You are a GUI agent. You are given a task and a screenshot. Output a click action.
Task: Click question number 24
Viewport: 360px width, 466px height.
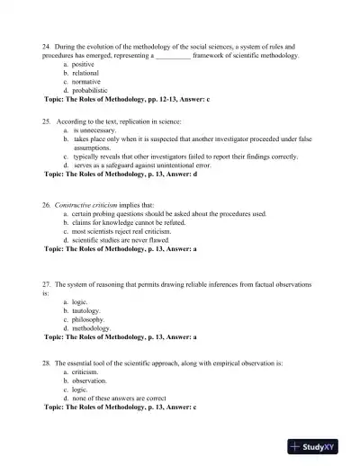47,45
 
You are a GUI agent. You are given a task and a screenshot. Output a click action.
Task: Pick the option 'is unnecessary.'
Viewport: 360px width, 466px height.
95,130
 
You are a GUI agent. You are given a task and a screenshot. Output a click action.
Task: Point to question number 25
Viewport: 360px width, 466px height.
47,120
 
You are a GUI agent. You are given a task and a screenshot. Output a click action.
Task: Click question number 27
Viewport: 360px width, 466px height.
47,284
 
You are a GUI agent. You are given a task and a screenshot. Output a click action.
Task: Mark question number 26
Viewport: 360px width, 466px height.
47,204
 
